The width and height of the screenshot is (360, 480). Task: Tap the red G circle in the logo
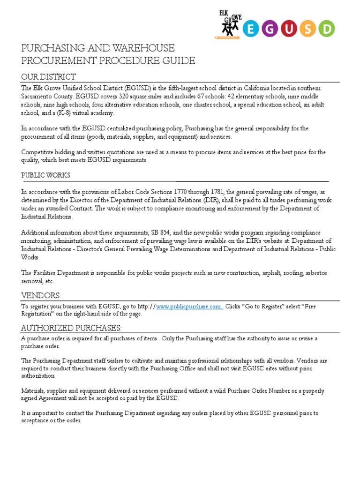[273, 29]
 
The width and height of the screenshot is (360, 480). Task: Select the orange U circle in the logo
[294, 29]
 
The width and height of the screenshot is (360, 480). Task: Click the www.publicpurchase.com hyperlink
[189, 307]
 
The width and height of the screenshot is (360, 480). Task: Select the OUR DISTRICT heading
[48, 77]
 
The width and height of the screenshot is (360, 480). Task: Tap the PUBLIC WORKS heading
[45, 175]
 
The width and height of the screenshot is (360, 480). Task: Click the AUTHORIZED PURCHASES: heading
[71, 327]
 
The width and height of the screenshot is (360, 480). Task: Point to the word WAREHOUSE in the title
[145, 48]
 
